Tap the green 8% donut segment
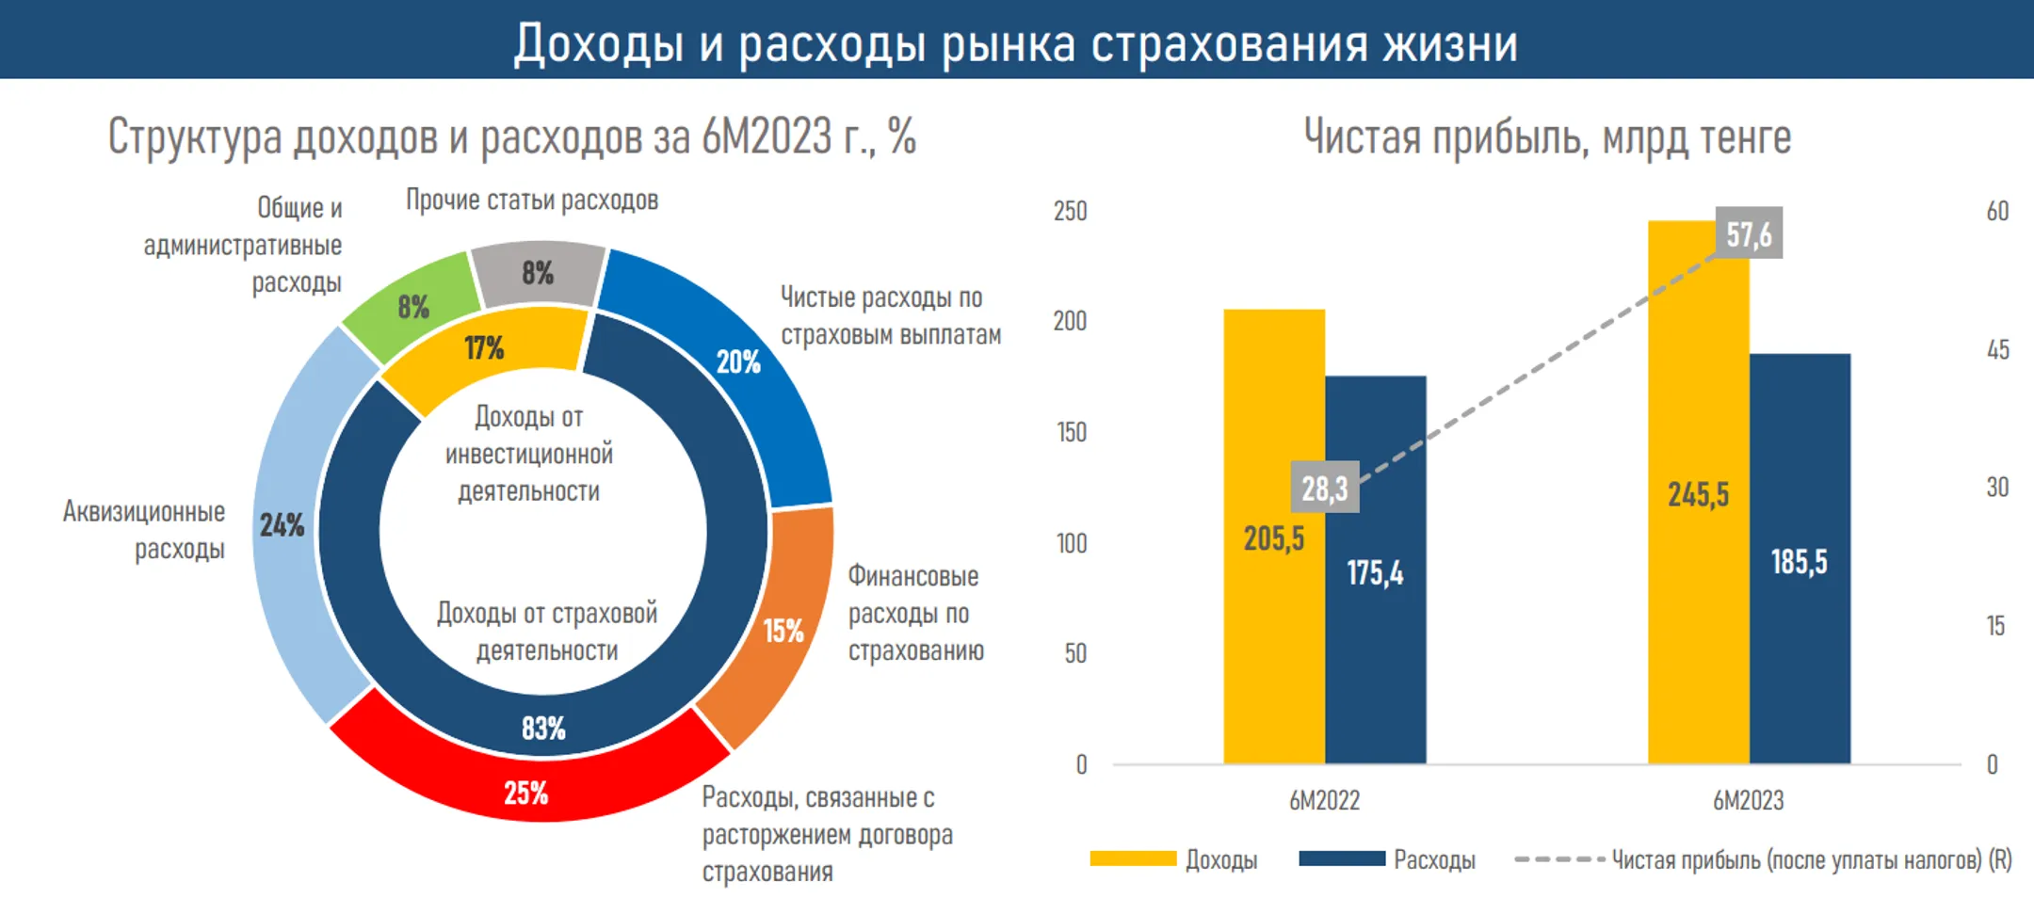coord(412,306)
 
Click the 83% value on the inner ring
coord(543,728)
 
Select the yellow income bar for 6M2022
coord(1274,536)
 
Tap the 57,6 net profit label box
coord(1749,233)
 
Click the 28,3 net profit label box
coord(1325,488)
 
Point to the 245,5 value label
coord(1698,494)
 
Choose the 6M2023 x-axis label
coord(1749,800)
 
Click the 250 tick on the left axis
coord(1070,211)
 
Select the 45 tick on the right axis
coord(1998,350)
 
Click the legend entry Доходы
coord(1173,859)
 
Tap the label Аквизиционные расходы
coord(144,530)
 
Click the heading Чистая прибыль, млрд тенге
coord(1547,137)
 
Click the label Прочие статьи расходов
coord(532,200)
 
